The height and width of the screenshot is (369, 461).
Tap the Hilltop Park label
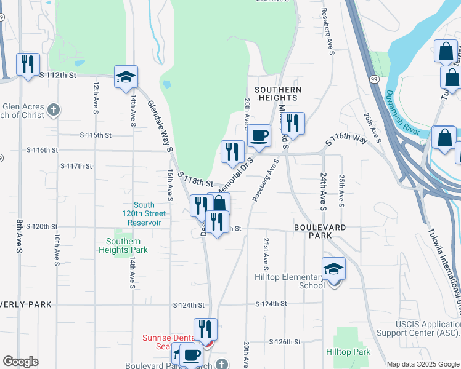348,352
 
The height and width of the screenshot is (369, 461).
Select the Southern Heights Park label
123,245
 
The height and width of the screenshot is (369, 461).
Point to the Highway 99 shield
374,79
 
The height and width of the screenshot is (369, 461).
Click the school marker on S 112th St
126,77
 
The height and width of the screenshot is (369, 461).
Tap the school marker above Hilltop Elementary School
333,269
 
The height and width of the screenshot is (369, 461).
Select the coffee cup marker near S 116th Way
258,135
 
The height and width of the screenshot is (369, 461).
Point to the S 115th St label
96,135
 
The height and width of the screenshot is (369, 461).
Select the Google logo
20,362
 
